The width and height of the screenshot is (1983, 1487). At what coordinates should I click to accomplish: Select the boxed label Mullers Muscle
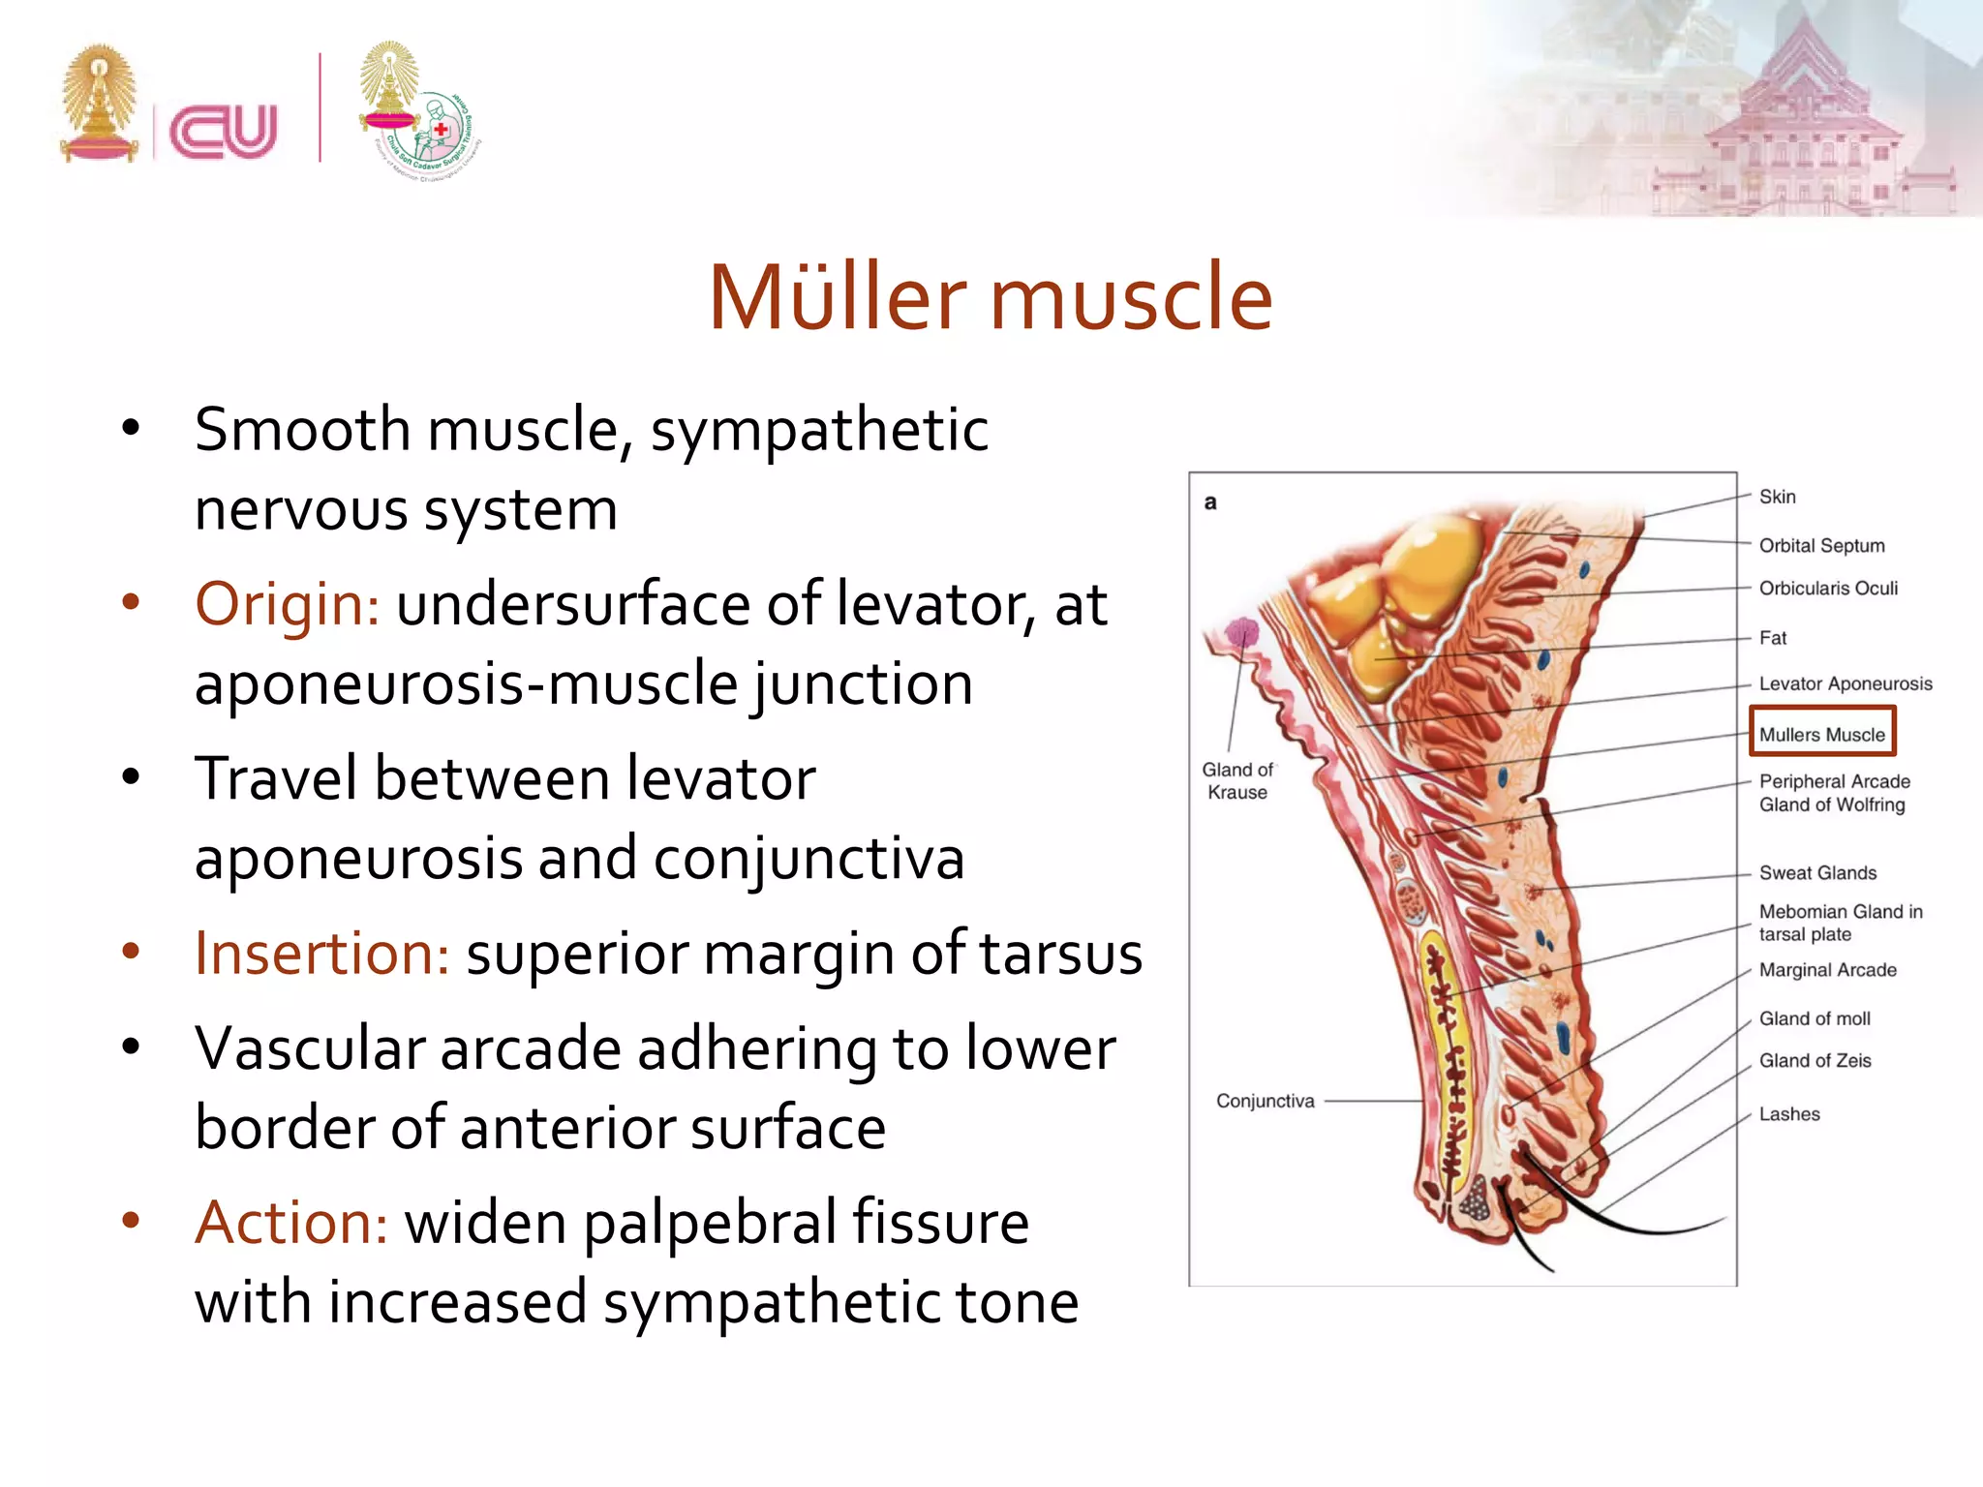point(1821,734)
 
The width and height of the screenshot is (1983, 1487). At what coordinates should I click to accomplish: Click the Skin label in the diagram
point(1777,497)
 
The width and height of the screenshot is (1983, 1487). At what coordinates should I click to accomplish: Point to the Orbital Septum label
point(1821,545)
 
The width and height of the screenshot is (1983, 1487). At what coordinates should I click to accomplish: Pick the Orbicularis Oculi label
point(1827,588)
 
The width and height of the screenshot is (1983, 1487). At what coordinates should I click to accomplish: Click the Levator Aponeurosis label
point(1845,683)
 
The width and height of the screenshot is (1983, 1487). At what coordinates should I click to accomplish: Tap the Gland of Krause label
point(1237,780)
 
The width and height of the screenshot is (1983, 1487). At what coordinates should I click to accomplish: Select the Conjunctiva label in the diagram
point(1265,1101)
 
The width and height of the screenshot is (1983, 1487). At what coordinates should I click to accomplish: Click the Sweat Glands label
point(1817,872)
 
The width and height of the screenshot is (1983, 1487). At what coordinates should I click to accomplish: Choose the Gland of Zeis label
point(1815,1060)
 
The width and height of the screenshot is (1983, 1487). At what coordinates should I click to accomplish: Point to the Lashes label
point(1788,1114)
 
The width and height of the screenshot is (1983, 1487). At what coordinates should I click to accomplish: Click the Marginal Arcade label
point(1827,970)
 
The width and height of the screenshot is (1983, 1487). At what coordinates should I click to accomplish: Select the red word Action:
point(291,1223)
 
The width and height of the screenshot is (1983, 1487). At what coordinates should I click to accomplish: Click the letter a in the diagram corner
point(1210,502)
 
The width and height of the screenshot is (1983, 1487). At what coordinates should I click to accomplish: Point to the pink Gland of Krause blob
point(1241,634)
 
